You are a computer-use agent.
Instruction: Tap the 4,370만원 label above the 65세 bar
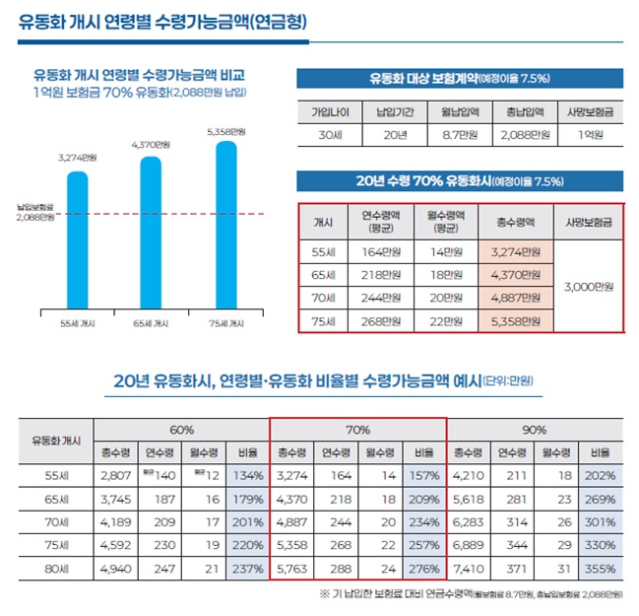152,145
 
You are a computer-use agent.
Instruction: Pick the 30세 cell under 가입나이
330,134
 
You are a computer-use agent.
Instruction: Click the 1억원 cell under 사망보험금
590,134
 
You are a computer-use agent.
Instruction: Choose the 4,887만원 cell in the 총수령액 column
516,298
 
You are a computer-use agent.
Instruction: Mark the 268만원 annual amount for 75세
380,321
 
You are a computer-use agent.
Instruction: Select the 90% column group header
536,430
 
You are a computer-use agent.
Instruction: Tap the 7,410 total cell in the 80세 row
469,569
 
